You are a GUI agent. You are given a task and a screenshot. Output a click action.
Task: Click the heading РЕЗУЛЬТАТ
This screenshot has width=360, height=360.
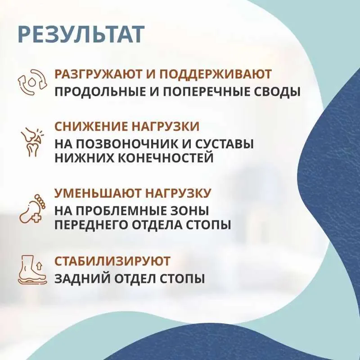click(81, 35)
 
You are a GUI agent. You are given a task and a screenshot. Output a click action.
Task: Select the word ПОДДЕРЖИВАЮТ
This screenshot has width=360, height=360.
click(215, 74)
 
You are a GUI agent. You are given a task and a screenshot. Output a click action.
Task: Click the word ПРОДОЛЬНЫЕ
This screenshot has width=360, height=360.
click(99, 92)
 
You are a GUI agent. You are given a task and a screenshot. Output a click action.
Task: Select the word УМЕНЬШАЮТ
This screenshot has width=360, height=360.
click(98, 193)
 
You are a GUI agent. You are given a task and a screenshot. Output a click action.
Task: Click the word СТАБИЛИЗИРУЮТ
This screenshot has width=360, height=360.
click(112, 261)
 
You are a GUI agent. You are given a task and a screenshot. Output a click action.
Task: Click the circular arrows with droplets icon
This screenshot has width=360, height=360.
click(32, 82)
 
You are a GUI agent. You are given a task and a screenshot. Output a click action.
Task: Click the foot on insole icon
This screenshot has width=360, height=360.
click(32, 269)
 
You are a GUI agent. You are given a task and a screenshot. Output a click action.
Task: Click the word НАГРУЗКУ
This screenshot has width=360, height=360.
click(178, 193)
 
